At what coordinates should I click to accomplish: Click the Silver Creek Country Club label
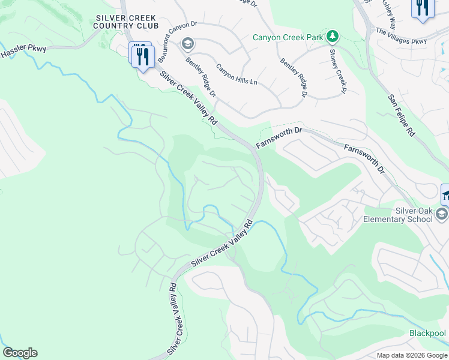pos(127,22)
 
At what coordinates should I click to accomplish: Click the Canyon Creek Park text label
pos(288,37)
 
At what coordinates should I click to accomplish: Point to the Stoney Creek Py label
pos(336,71)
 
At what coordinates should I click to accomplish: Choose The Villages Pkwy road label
pos(401,35)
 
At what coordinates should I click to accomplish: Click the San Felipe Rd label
pos(401,115)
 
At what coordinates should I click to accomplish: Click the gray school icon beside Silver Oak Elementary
pos(442,214)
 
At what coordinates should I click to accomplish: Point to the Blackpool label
pos(427,333)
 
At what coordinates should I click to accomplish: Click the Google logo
pos(20,353)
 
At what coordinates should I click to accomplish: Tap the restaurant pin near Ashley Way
pos(422,8)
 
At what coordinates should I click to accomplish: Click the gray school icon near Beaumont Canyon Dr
pos(188,44)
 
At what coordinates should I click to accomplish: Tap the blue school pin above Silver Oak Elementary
pos(445,193)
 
